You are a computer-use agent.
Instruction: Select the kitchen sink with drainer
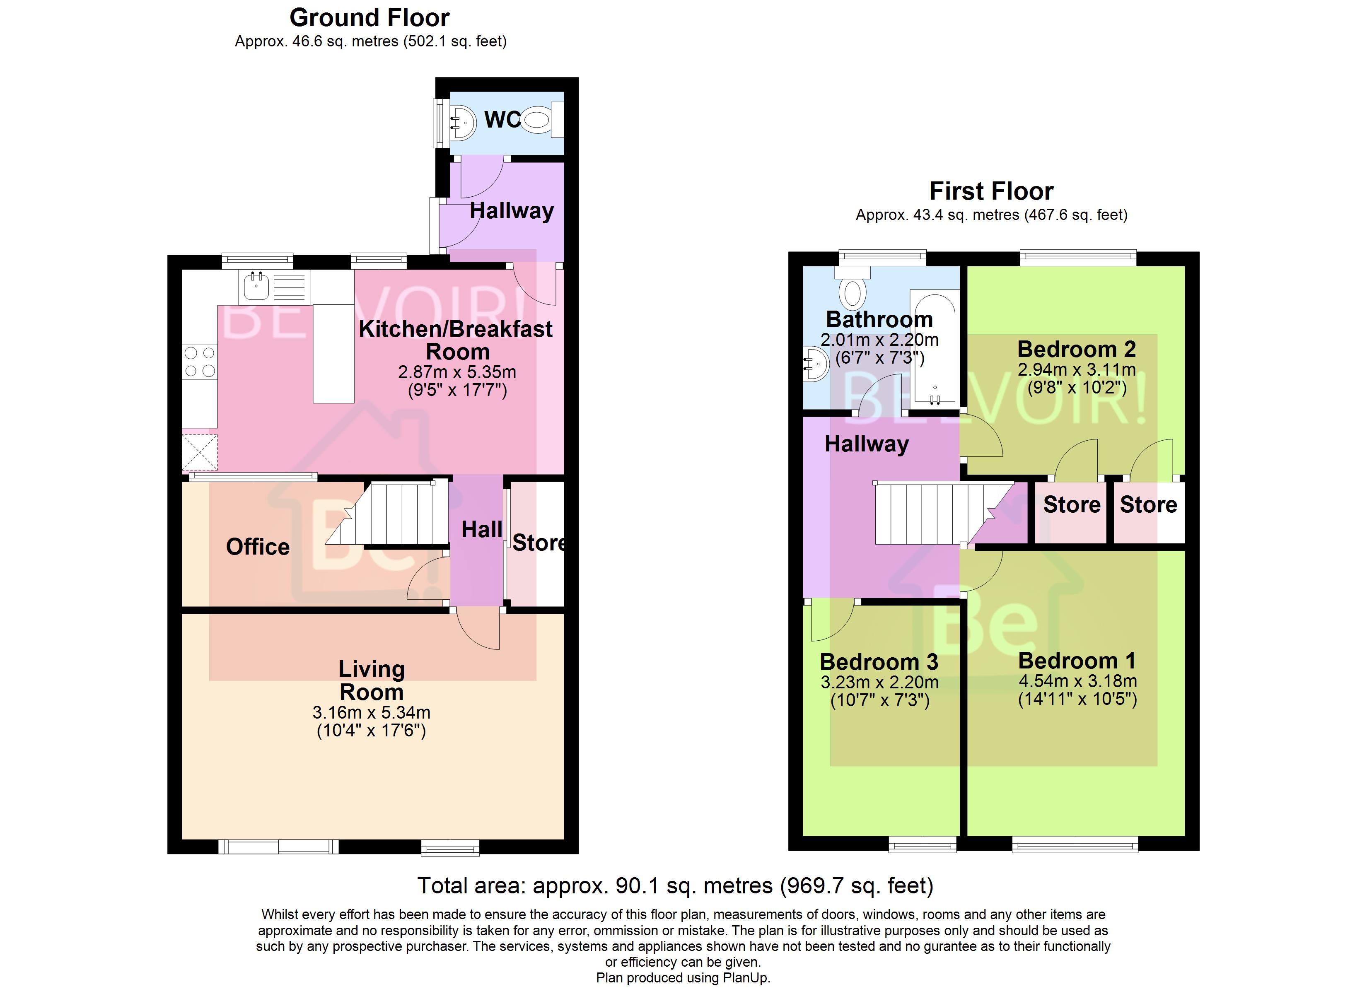(274, 287)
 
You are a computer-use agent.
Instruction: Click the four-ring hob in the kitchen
(200, 362)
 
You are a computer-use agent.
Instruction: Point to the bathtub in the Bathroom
(934, 348)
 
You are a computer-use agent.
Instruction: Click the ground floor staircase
(392, 514)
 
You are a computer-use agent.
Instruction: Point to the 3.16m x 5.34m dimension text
(371, 712)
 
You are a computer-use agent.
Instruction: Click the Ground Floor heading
(370, 18)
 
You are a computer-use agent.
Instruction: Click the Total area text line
(675, 885)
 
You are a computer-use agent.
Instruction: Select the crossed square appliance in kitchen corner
(200, 452)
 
